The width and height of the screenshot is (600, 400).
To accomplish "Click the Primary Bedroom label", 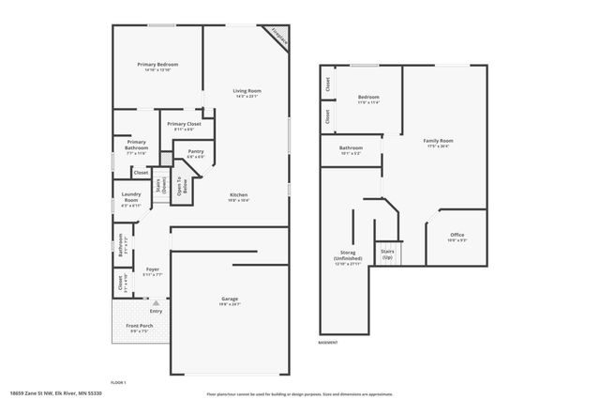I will (157, 65).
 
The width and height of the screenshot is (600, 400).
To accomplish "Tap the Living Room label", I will (247, 90).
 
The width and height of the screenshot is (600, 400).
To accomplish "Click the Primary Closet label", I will (184, 124).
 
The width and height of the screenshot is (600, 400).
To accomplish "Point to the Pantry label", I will (195, 151).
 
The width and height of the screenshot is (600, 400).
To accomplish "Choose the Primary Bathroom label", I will (137, 145).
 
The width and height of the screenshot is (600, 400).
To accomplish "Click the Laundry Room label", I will (131, 197).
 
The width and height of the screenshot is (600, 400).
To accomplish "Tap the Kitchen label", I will (239, 195).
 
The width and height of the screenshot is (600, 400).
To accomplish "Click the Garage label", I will (230, 299).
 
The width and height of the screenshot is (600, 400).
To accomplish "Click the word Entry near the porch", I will (156, 311).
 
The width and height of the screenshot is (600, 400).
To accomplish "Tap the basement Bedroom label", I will (368, 97).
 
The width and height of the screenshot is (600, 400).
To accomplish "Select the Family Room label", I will (436, 142).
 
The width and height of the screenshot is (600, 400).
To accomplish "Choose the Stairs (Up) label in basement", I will (386, 254).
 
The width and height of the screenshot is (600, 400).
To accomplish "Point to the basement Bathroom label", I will (351, 147).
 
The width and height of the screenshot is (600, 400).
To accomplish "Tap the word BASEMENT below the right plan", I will (327, 344).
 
